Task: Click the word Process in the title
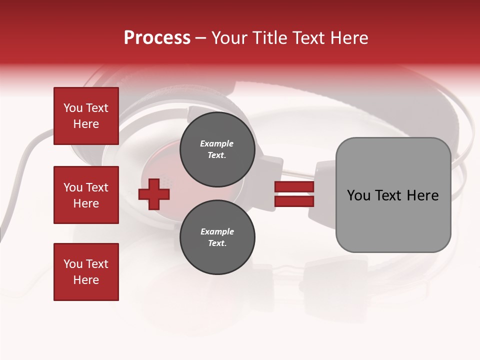pyautogui.click(x=157, y=37)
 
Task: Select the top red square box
pyautogui.click(x=86, y=116)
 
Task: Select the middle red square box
pyautogui.click(x=86, y=195)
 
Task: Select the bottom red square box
pyautogui.click(x=86, y=271)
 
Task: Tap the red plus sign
pyautogui.click(x=154, y=194)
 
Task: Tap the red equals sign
pyautogui.click(x=294, y=194)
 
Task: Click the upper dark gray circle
pyautogui.click(x=217, y=149)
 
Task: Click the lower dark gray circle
pyautogui.click(x=217, y=237)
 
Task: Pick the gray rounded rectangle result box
pyautogui.click(x=393, y=195)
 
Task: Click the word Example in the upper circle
pyautogui.click(x=217, y=143)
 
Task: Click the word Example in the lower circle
pyautogui.click(x=217, y=231)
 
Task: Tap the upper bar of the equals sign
pyautogui.click(x=294, y=187)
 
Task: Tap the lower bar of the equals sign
pyautogui.click(x=294, y=201)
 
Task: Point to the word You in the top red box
pyautogui.click(x=73, y=108)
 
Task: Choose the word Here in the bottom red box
pyautogui.click(x=86, y=280)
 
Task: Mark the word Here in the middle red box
pyautogui.click(x=86, y=203)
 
